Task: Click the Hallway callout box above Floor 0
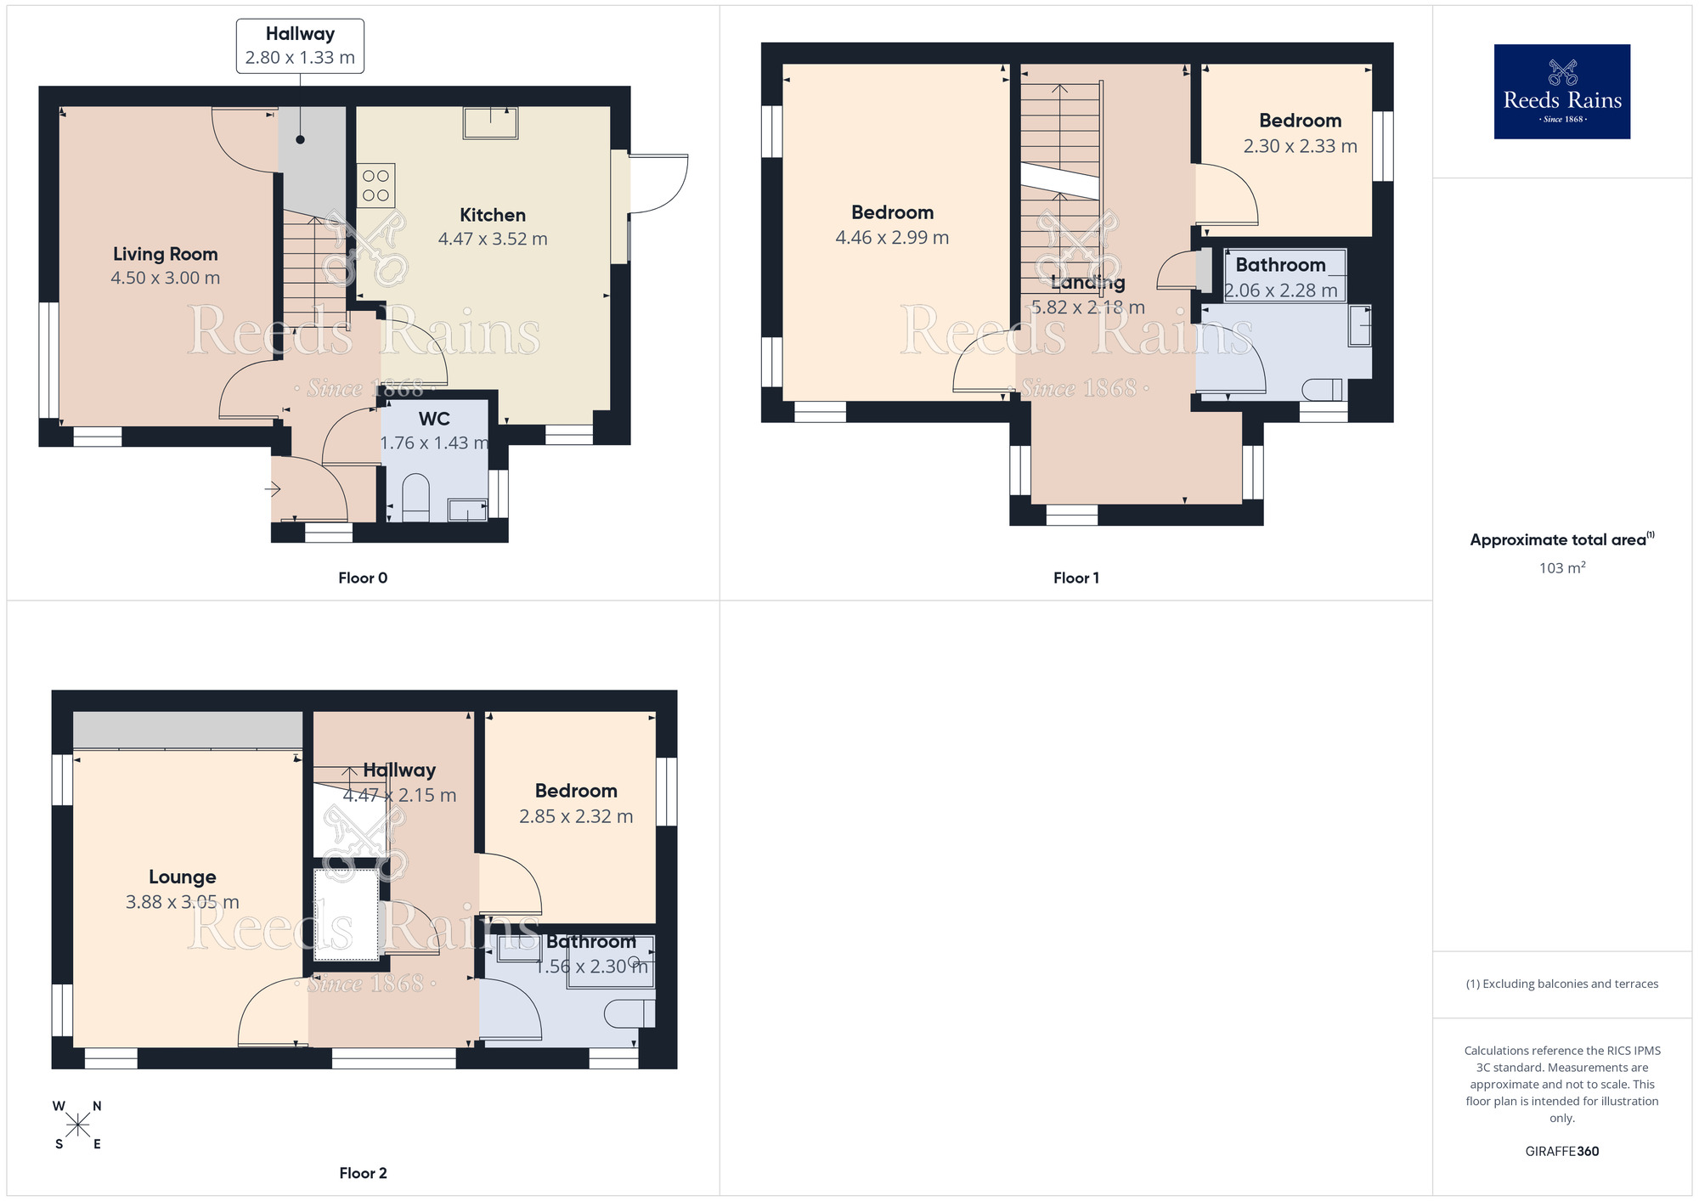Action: pos(300,46)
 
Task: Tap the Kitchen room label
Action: pos(493,215)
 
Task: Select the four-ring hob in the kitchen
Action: pos(375,185)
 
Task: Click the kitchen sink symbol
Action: pos(490,122)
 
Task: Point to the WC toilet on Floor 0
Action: pos(415,496)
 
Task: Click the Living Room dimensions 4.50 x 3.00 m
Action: pos(166,278)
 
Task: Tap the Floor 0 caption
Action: pos(363,578)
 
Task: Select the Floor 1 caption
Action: pos(1075,578)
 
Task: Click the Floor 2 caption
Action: pos(363,1173)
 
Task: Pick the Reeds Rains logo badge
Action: pos(1561,92)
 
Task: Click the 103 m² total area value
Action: pos(1561,567)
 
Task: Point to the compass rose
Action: pos(77,1125)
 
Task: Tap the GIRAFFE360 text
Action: pos(1561,1151)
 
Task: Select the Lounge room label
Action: pos(183,877)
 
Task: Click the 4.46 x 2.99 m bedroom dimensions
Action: pos(892,238)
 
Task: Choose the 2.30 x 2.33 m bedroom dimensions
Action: pos(1300,146)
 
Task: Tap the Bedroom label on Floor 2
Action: pos(576,791)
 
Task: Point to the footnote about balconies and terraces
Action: pos(1561,984)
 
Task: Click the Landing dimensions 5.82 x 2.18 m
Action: pos(1087,307)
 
